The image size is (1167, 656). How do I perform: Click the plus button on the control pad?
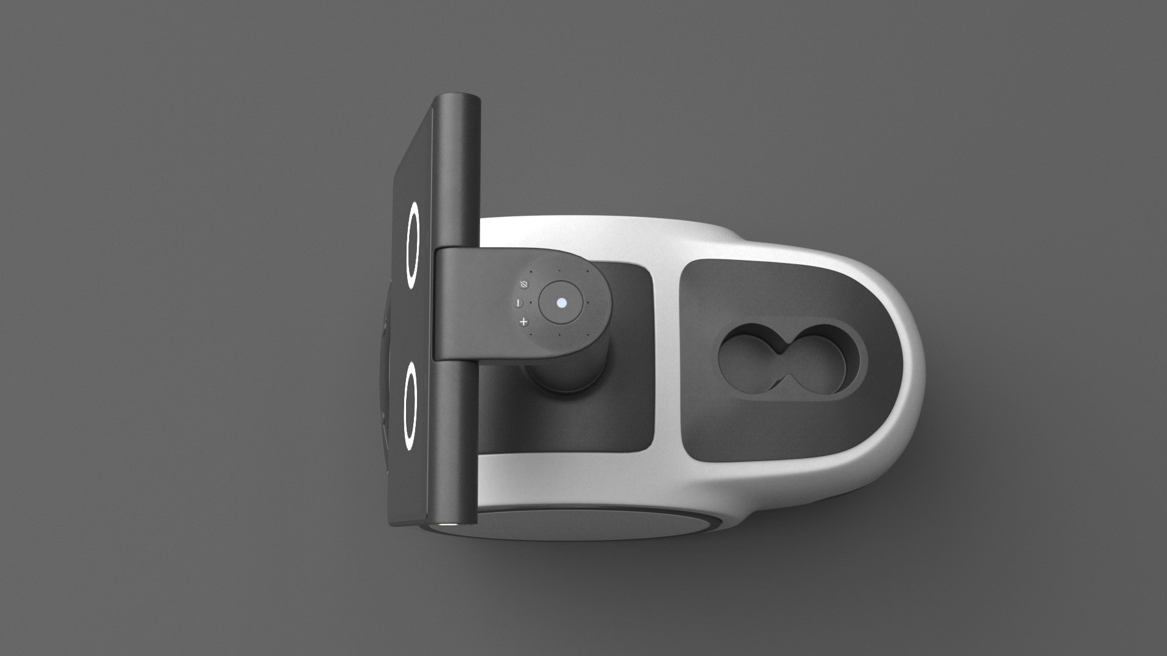(x=523, y=321)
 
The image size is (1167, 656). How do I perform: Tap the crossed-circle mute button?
(x=525, y=284)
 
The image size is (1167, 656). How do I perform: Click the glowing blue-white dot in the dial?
(x=562, y=302)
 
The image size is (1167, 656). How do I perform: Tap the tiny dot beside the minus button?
(x=531, y=302)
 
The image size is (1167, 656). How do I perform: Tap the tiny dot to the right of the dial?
(x=588, y=302)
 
